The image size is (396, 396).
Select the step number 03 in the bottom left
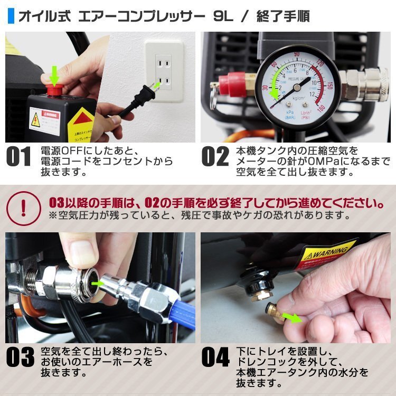20,357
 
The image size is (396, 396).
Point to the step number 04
215,357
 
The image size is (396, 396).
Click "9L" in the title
220,16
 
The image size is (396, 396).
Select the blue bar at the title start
11,16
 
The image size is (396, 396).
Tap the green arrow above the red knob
54,77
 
